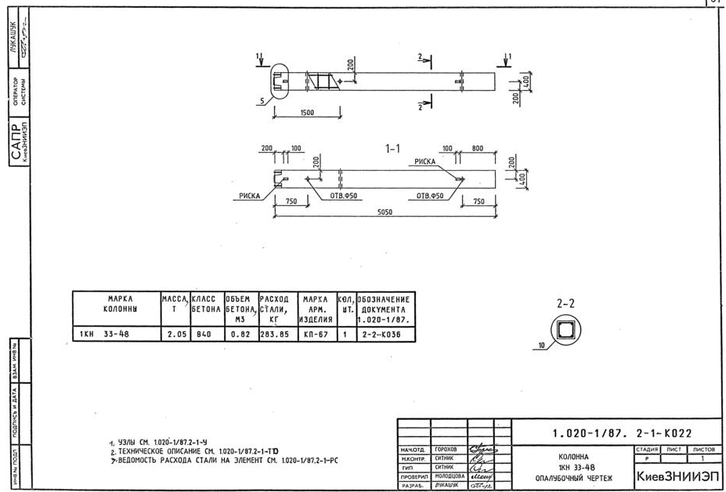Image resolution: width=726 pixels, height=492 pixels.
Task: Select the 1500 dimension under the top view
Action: tap(306, 113)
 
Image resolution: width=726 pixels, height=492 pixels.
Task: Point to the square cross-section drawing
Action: tap(565, 330)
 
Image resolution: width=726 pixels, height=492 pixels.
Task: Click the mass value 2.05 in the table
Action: tap(175, 335)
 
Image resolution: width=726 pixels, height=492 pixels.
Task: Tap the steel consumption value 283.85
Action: tap(274, 335)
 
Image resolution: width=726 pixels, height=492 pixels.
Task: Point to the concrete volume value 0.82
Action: tap(240, 335)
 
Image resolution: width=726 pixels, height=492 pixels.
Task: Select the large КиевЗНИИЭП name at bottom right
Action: tap(677, 476)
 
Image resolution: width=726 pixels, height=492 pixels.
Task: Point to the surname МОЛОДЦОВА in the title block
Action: tap(450, 476)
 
